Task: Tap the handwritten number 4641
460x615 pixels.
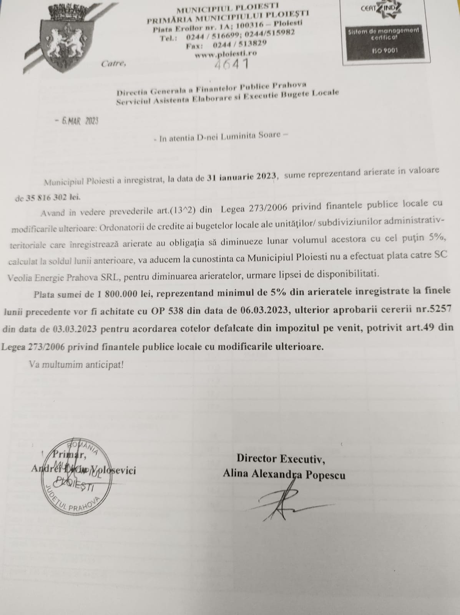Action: click(x=231, y=63)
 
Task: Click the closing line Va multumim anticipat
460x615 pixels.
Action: click(x=76, y=364)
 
